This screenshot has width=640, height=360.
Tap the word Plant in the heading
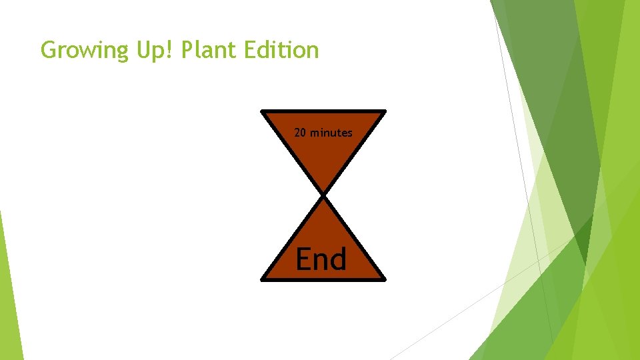pyautogui.click(x=206, y=51)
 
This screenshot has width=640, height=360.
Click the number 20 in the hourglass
pyautogui.click(x=300, y=133)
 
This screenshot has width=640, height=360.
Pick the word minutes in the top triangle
pyautogui.click(x=331, y=133)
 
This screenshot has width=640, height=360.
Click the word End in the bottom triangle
pyautogui.click(x=321, y=259)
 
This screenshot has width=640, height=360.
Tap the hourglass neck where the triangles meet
pyautogui.click(x=323, y=195)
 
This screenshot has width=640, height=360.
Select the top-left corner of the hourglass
pyautogui.click(x=262, y=111)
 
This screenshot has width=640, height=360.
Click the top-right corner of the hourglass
pyautogui.click(x=385, y=111)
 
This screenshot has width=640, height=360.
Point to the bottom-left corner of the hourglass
pyautogui.click(x=262, y=279)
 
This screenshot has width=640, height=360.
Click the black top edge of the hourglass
pyautogui.click(x=323, y=111)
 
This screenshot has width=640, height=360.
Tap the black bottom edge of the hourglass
pyautogui.click(x=323, y=280)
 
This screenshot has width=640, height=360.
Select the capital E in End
pyautogui.click(x=304, y=259)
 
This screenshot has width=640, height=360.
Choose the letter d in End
pyautogui.click(x=338, y=259)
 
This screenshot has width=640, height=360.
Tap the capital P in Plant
pyautogui.click(x=187, y=50)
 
